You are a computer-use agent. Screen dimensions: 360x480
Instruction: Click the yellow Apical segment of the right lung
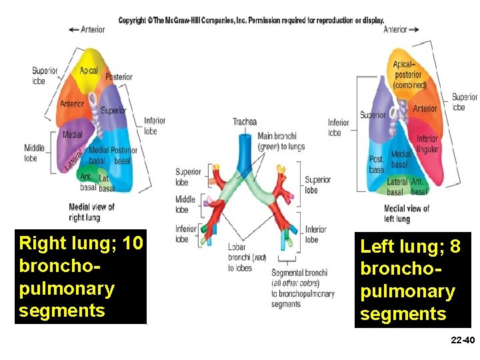(89, 71)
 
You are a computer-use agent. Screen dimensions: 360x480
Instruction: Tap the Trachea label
(244, 121)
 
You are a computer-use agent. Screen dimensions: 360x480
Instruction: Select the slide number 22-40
(462, 341)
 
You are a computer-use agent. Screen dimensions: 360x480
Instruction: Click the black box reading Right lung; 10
(81, 277)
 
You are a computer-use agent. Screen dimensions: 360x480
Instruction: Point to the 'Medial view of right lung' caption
(92, 212)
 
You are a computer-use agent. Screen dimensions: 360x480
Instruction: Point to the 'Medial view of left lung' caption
(406, 213)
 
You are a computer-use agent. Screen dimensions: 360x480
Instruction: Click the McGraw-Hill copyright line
(251, 21)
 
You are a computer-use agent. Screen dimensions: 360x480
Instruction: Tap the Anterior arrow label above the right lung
(87, 29)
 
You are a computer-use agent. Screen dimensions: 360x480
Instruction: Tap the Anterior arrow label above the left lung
(401, 29)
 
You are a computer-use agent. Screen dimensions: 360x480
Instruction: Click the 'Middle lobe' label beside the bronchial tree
(185, 205)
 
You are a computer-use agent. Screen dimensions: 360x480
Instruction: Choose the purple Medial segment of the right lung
(72, 135)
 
